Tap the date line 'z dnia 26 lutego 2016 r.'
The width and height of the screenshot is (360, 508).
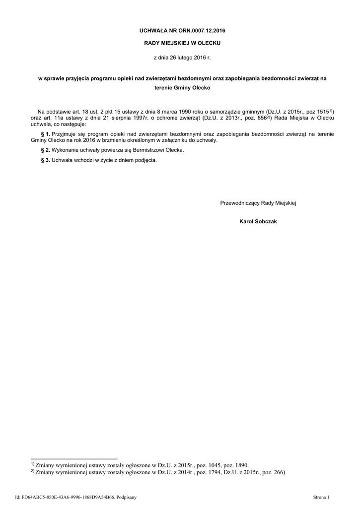179,58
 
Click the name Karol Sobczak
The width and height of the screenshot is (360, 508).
258,221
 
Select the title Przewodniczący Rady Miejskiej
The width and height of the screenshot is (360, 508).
258,203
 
